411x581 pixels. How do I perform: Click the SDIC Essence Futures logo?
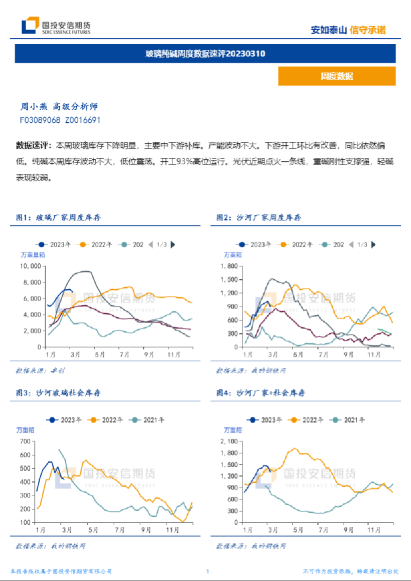coord(56,27)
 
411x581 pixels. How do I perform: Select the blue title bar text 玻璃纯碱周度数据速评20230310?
coord(205,53)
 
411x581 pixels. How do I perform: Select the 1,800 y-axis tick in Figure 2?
coord(231,266)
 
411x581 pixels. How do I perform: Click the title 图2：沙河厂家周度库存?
coord(258,218)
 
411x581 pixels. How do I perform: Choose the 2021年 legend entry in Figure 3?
coord(150,419)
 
